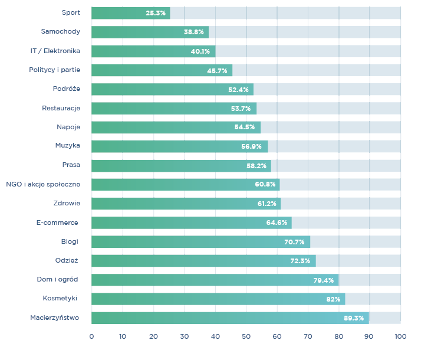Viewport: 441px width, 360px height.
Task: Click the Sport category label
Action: coord(71,12)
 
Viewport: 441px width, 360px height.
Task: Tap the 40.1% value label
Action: coord(200,51)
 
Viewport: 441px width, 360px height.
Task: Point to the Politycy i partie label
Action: coord(55,70)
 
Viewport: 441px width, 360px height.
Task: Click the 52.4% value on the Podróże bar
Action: coord(238,90)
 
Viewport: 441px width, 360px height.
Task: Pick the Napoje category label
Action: coord(68,127)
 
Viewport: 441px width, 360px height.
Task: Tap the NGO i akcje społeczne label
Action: coord(43,184)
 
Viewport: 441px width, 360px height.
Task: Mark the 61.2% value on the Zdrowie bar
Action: coord(267,204)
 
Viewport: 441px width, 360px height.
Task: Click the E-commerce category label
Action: coord(57,222)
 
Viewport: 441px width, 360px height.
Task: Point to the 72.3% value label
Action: coord(300,261)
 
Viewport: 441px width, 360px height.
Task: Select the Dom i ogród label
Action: coord(57,280)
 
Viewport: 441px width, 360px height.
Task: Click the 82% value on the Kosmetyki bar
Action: coord(333,299)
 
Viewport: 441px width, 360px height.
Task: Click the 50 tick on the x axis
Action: coord(246,336)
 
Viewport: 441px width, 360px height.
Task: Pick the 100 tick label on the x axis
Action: coord(400,336)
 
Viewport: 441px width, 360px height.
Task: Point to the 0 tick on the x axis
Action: coord(91,336)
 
